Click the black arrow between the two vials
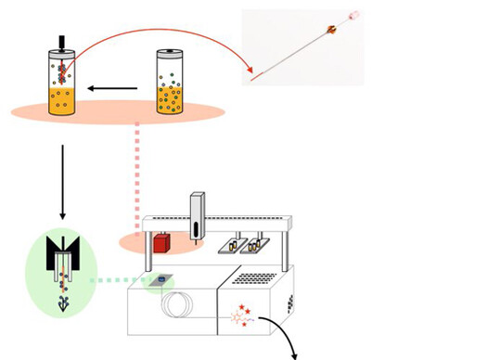pos(112,90)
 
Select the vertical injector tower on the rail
pos(197,218)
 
